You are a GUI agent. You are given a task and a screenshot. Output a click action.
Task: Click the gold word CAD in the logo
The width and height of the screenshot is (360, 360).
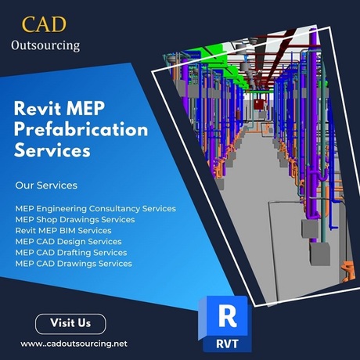(x=44, y=24)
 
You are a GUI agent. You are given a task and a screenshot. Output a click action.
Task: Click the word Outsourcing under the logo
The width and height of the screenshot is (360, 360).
(x=45, y=45)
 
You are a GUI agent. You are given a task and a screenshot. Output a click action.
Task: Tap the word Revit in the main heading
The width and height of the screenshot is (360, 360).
(x=38, y=108)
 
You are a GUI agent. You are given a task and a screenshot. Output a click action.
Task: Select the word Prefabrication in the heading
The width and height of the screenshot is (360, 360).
(x=81, y=130)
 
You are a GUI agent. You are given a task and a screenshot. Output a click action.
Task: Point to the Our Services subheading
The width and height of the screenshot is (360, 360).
(x=46, y=185)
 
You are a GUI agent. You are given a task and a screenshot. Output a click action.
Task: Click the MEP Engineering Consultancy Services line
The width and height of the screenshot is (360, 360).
(x=95, y=209)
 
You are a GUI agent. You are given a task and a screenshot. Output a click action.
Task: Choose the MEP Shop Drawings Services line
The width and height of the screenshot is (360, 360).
(x=75, y=220)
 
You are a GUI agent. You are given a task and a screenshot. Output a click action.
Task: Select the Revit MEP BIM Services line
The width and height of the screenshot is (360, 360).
(x=63, y=231)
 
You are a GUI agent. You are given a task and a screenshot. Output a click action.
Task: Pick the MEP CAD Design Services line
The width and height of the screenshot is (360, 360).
(x=68, y=242)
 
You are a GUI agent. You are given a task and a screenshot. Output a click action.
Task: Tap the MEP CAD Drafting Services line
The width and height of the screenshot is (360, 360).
(x=71, y=253)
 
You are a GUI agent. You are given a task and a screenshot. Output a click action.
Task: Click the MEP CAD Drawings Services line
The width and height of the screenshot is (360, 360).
(x=74, y=264)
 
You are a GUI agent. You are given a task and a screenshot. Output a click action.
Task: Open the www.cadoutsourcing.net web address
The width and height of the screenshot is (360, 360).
(x=74, y=344)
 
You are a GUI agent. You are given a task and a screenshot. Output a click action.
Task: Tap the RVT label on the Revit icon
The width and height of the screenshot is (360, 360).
(x=227, y=344)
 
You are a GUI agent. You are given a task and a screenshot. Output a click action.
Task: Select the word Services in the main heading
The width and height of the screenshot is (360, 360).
(x=52, y=150)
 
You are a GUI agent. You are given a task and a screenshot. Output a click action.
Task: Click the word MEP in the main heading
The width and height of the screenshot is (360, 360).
(x=85, y=108)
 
